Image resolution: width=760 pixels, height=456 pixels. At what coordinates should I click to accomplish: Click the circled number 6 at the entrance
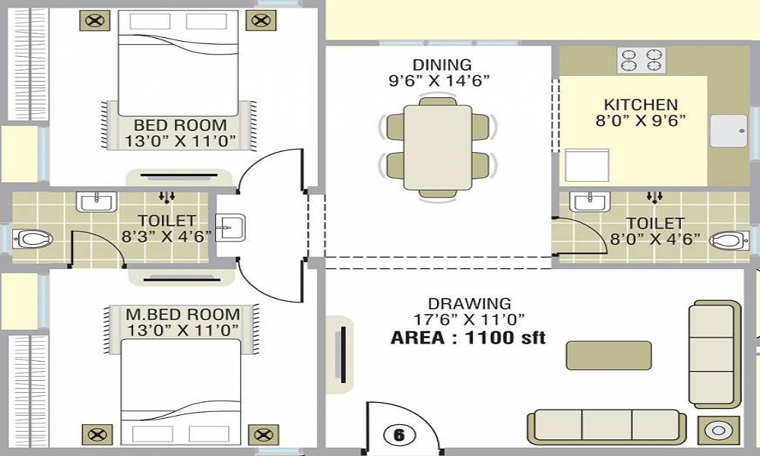pos(399,435)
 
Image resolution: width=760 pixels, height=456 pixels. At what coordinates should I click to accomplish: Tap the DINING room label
pos(442,65)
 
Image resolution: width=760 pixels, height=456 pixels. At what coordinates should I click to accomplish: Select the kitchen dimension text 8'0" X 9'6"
pos(641,120)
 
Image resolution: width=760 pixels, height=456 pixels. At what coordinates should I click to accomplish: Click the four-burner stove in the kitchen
pos(641,60)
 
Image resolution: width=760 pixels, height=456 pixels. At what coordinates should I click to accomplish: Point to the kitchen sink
pos(729,131)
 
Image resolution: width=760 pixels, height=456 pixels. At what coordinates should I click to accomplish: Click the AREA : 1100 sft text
pos(468,337)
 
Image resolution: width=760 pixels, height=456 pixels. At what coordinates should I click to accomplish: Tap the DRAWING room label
pos(469,304)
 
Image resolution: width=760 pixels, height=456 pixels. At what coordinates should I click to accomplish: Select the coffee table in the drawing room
pos(609,355)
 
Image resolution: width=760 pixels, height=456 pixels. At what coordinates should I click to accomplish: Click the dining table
pos(438,147)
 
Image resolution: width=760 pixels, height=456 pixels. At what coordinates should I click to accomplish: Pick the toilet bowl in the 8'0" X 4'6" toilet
pos(729,240)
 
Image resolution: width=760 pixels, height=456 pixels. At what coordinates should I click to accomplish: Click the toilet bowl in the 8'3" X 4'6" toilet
pos(32,239)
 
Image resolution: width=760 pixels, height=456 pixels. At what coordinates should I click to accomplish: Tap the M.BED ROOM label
pos(182,314)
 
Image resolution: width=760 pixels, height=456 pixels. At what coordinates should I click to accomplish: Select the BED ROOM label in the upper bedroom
pos(180,125)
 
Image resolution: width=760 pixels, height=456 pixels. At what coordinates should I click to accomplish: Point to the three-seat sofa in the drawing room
pos(606,427)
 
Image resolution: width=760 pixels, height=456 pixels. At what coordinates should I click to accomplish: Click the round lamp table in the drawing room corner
pos(719,431)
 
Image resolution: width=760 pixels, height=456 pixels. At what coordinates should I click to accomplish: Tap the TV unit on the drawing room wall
pos(340,354)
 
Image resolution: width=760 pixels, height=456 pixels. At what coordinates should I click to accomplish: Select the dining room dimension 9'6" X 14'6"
pos(439,80)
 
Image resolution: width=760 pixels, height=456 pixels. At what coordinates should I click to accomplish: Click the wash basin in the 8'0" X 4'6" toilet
pos(590,201)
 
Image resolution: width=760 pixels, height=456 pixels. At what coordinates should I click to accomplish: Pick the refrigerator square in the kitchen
pos(587,165)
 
